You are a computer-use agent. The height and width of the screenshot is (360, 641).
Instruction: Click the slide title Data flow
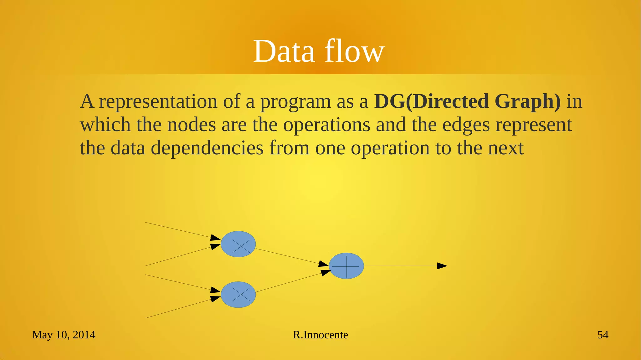point(318,51)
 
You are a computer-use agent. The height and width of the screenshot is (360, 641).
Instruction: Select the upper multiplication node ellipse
point(238,244)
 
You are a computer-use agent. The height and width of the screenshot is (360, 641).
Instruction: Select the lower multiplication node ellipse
point(238,295)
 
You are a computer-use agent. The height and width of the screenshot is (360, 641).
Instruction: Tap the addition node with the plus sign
point(346,266)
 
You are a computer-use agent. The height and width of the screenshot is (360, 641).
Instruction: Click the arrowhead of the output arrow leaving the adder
point(442,266)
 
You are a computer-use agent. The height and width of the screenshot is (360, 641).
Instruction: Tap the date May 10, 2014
point(64,335)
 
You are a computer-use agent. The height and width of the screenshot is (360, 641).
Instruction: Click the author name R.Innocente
point(320,335)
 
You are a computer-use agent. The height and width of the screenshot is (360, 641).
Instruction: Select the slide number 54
point(603,335)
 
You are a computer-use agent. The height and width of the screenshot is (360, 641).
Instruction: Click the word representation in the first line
point(158,102)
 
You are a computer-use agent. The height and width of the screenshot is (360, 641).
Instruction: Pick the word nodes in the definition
point(191,125)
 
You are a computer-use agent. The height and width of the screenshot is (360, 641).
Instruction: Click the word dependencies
point(207,148)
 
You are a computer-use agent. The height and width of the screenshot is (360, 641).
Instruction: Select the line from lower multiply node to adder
point(288,283)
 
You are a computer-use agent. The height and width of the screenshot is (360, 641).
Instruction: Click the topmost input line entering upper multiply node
point(178,230)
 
